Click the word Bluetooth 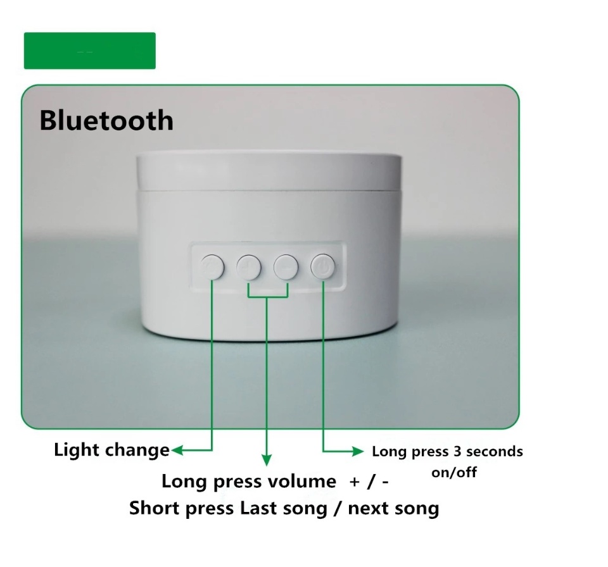point(106,120)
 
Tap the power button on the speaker point(322,266)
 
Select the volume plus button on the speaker point(248,267)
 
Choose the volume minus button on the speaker point(286,267)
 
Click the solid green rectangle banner point(89,51)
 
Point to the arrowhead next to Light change point(177,451)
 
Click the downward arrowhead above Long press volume point(267,460)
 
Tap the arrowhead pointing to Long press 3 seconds point(358,451)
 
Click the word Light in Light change point(77,451)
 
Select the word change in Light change point(137,451)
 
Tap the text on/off point(454,472)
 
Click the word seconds point(495,451)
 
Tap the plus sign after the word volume point(355,482)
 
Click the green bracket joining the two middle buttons point(267,297)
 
